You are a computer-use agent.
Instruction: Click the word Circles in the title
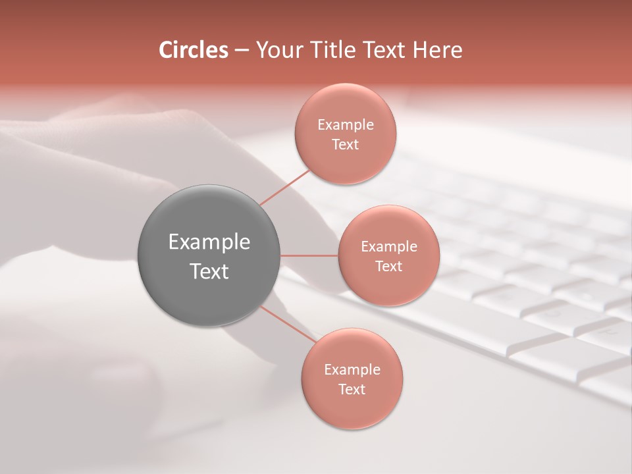click(x=193, y=50)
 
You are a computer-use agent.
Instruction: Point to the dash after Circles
click(x=241, y=51)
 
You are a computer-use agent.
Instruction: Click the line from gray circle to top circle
click(x=285, y=187)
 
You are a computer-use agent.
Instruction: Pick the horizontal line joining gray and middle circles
click(x=309, y=255)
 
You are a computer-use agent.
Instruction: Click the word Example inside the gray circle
click(x=209, y=242)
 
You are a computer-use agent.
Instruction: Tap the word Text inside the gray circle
click(x=209, y=271)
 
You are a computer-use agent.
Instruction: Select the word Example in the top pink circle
click(x=346, y=124)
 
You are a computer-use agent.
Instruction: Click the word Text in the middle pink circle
click(x=388, y=266)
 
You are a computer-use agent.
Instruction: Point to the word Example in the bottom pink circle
click(x=352, y=369)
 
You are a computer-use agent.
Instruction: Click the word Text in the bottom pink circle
click(x=352, y=389)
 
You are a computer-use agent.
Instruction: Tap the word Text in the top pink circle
click(x=345, y=144)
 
